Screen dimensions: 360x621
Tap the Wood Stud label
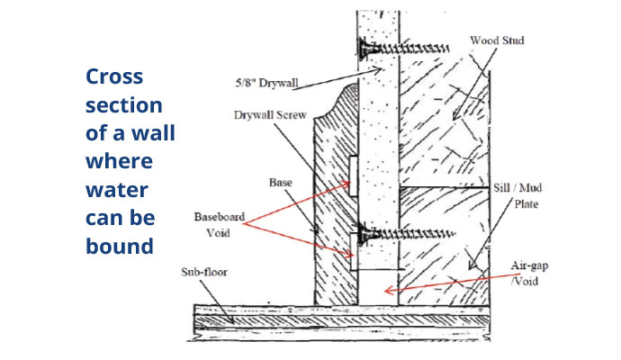pos(495,41)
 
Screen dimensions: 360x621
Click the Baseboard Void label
pos(220,224)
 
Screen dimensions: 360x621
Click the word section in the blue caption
pos(124,105)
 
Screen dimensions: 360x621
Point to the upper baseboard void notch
pos(352,177)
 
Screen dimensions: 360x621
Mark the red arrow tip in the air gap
pos(384,290)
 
